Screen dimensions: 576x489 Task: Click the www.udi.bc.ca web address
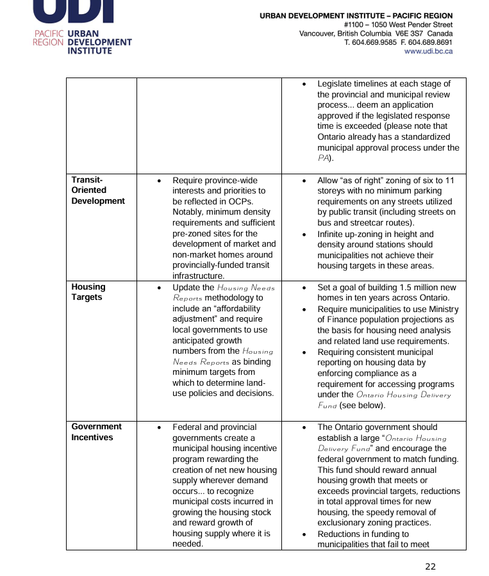pos(428,51)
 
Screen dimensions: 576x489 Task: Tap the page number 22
pos(430,566)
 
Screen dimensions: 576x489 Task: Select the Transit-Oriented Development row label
pos(97,190)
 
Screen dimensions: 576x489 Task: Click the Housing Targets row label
pos(88,292)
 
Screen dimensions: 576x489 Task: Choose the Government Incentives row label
pos(96,432)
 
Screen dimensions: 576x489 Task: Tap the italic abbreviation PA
pos(325,158)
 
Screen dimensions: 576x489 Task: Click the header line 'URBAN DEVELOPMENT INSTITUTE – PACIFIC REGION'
pos(356,15)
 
